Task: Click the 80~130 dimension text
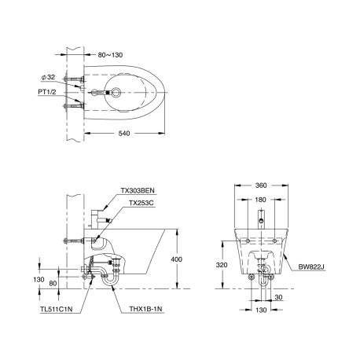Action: [110, 55]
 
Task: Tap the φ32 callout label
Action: [48, 77]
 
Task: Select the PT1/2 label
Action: [47, 92]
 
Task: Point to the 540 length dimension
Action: [124, 134]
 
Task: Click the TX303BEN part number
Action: [138, 190]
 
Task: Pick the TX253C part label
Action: [141, 203]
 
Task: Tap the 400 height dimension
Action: [177, 259]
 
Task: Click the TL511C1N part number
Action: [57, 309]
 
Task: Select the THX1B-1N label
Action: [145, 309]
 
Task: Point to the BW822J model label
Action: [312, 266]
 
